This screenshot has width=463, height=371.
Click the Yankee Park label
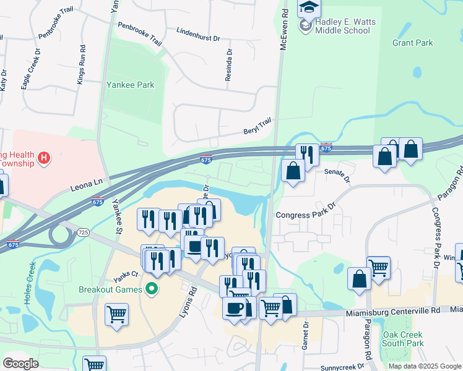[130, 85]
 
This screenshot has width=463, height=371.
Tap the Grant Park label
[412, 43]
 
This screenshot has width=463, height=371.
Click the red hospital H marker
[43, 158]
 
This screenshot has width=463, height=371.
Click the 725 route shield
[84, 231]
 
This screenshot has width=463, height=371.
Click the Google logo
[20, 364]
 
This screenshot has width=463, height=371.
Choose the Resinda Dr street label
[229, 62]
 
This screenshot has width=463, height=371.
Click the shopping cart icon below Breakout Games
[116, 314]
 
